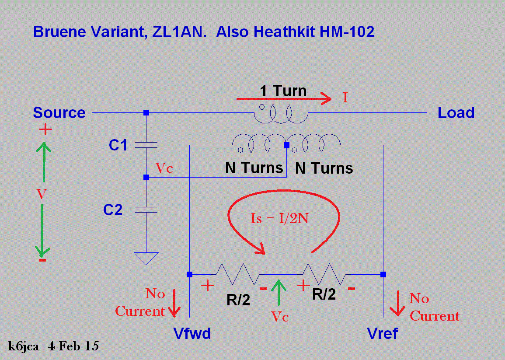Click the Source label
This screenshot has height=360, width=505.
(59, 113)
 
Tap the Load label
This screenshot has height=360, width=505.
(456, 113)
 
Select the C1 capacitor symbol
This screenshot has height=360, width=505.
(146, 145)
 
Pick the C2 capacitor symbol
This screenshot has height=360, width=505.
(146, 210)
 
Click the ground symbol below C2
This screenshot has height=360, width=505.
(146, 258)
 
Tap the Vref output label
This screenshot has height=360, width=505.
(383, 334)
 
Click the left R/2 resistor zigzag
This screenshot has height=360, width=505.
(238, 274)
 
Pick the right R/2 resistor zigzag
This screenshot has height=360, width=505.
(324, 274)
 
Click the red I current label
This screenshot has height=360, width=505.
(345, 98)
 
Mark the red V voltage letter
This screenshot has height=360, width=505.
(42, 194)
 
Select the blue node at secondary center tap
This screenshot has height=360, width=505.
(287, 144)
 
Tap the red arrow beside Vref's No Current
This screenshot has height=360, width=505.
(397, 304)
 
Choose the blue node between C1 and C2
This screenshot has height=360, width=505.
(146, 177)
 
